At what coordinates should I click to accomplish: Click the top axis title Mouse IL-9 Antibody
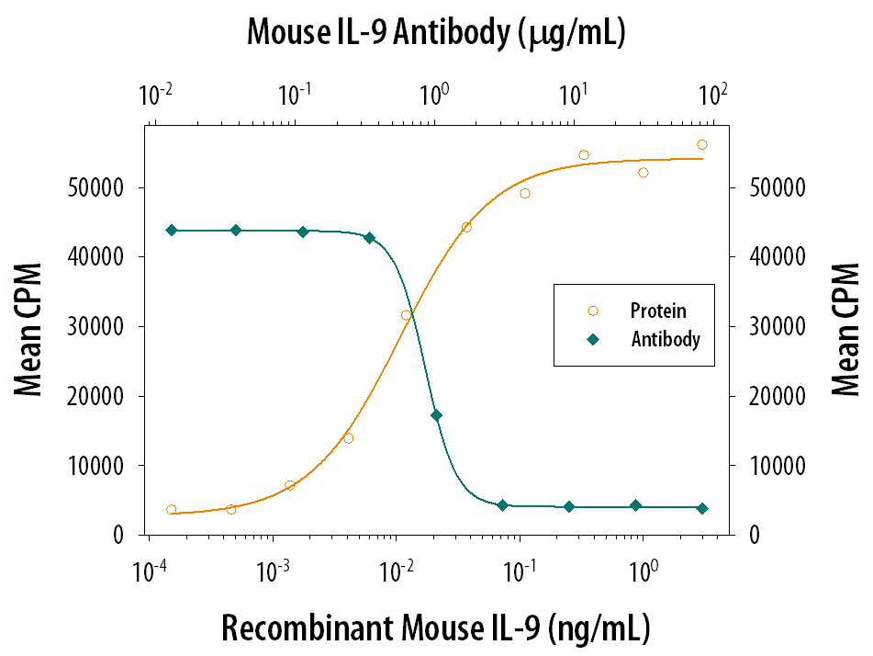[x=436, y=33]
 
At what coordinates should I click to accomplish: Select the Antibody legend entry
[x=665, y=339]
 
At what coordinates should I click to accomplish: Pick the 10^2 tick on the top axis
[x=713, y=94]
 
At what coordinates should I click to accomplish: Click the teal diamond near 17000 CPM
[x=436, y=415]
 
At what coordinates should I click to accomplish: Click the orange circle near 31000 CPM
[x=406, y=315]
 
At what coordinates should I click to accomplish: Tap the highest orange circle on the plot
[x=702, y=144]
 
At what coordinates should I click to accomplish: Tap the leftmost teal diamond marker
[x=171, y=230]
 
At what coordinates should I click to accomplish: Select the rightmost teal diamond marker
[x=702, y=508]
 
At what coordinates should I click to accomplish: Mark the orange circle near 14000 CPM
[x=348, y=437]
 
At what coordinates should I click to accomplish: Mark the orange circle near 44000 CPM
[x=466, y=227]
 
